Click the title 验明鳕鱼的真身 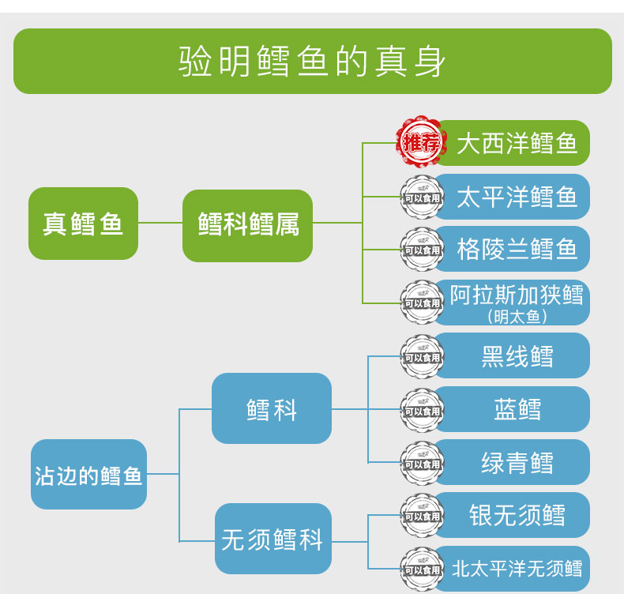(312, 62)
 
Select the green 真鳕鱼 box (83, 224)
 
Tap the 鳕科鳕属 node (247, 225)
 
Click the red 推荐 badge (420, 143)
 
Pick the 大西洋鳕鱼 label (517, 143)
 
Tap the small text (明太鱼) (517, 317)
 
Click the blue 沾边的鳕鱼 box (88, 475)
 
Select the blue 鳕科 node (271, 408)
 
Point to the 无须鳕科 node (273, 539)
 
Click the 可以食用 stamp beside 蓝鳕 (422, 411)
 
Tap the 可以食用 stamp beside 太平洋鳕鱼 (422, 197)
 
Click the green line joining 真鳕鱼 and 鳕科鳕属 (160, 224)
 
